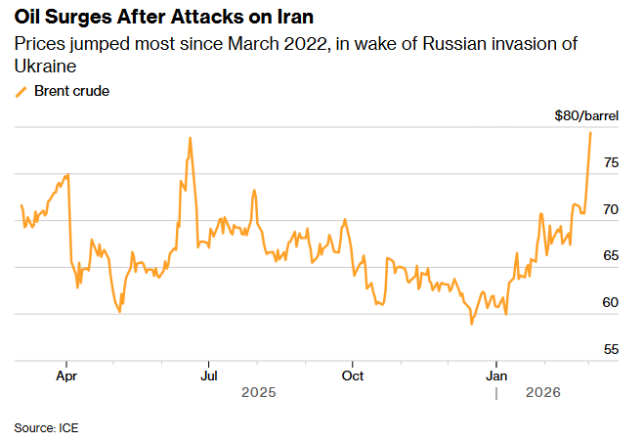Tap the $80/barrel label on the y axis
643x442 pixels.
pyautogui.click(x=586, y=116)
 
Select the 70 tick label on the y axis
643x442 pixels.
pyautogui.click(x=610, y=209)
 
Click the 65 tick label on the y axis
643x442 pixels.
pyautogui.click(x=610, y=256)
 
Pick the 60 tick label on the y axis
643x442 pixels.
pyautogui.click(x=610, y=302)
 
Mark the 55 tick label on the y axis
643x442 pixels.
pyautogui.click(x=610, y=349)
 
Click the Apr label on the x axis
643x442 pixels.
pyautogui.click(x=66, y=375)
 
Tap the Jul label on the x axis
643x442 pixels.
pyautogui.click(x=208, y=375)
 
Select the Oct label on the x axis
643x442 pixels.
pyautogui.click(x=353, y=375)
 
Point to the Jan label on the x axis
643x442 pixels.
pyautogui.click(x=497, y=375)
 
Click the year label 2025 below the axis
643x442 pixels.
pyautogui.click(x=259, y=392)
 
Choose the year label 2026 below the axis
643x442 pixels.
pyautogui.click(x=543, y=392)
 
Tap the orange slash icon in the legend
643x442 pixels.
pyautogui.click(x=21, y=91)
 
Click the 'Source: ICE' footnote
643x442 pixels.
pyautogui.click(x=46, y=427)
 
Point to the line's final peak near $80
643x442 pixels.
pyautogui.click(x=591, y=132)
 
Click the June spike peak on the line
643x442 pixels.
pyautogui.click(x=190, y=138)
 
